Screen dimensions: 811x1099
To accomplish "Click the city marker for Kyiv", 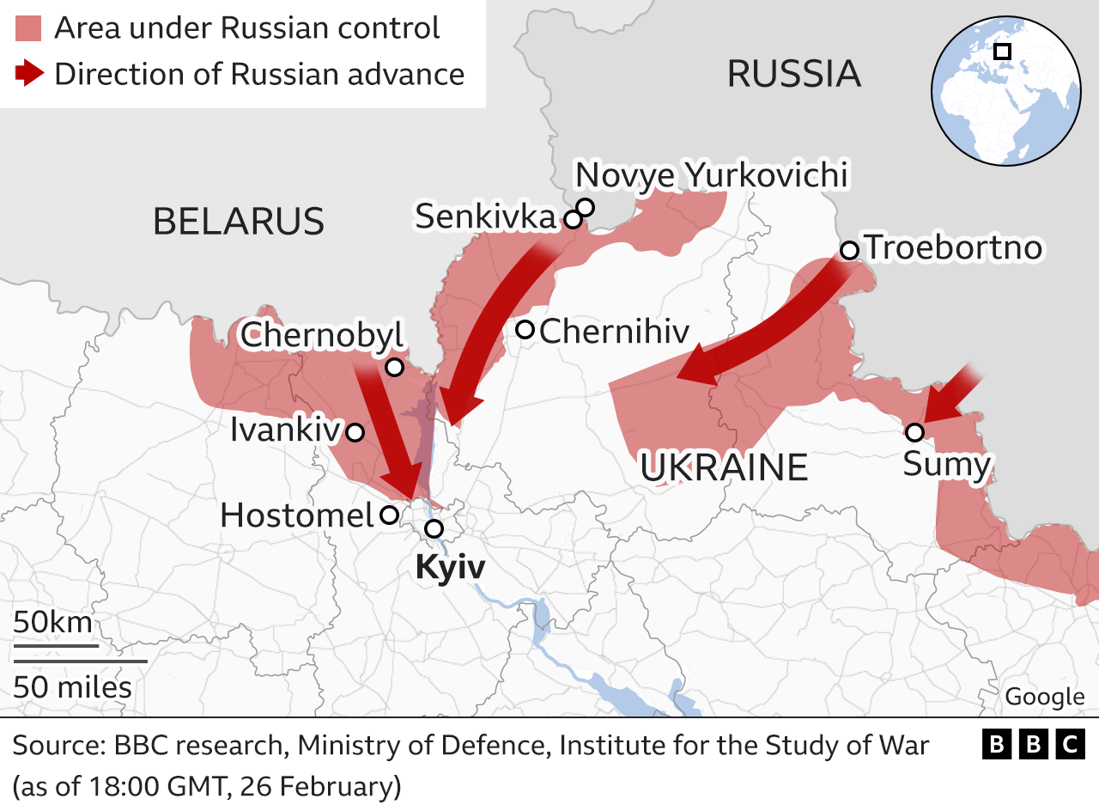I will click(x=434, y=528).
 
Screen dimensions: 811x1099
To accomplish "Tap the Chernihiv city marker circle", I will click(x=525, y=329).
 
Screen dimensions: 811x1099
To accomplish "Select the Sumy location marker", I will click(x=915, y=431).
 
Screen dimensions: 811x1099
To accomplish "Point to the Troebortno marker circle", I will click(x=849, y=250).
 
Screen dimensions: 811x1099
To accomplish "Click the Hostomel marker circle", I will click(x=389, y=515).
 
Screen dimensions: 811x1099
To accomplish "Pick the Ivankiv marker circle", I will click(x=354, y=432).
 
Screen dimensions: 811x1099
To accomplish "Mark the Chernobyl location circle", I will click(x=394, y=368).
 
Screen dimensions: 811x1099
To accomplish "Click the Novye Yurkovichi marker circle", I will click(x=586, y=206).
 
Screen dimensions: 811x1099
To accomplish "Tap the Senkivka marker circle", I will click(x=573, y=220).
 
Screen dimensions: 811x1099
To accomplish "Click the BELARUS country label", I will click(x=239, y=222).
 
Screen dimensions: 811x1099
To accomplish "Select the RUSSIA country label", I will click(x=793, y=74).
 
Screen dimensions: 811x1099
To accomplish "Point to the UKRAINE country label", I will click(x=724, y=468).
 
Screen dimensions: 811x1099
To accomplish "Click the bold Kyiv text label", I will click(x=450, y=568).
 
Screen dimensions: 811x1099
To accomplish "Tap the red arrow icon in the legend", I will click(x=29, y=74).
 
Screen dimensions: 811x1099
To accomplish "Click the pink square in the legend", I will click(x=28, y=28).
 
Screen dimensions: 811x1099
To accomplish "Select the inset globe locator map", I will click(x=1005, y=90).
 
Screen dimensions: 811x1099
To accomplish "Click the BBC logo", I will click(x=1033, y=744).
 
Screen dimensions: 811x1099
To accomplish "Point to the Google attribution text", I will click(x=1044, y=697).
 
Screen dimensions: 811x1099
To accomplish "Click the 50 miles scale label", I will click(x=72, y=687).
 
